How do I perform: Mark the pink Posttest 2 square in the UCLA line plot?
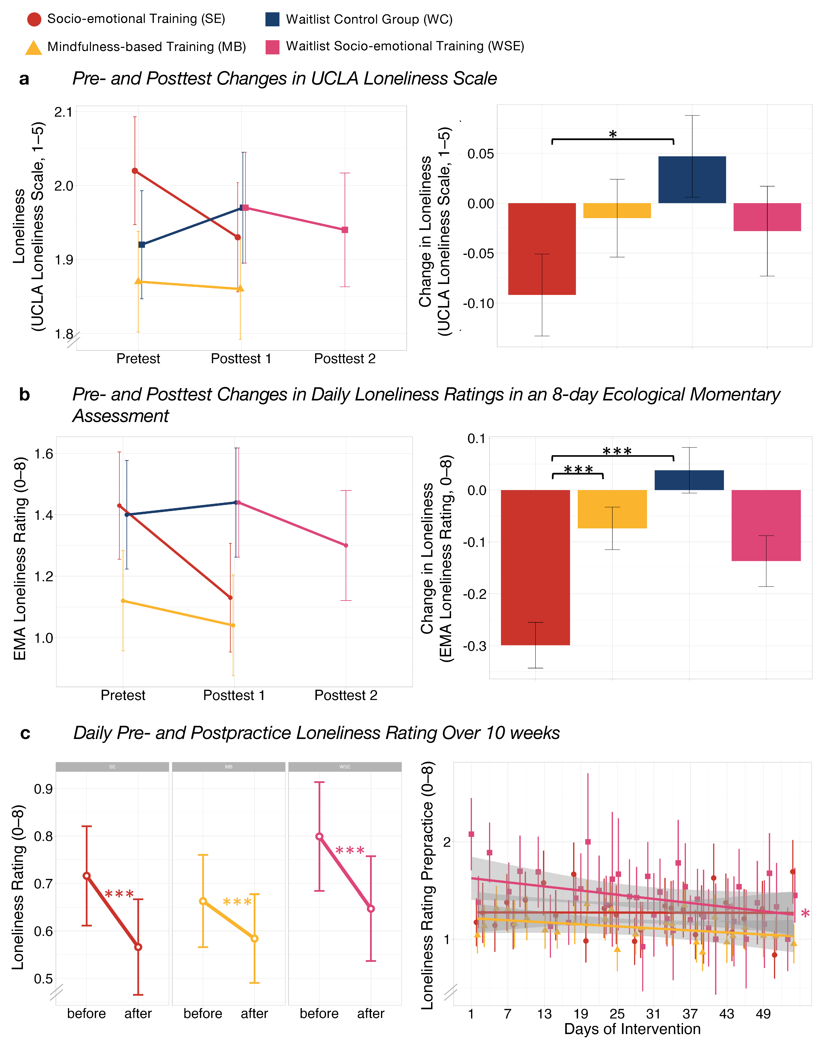pyautogui.click(x=345, y=230)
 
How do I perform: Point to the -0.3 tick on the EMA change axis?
pyautogui.click(x=475, y=646)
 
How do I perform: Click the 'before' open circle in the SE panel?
pyautogui.click(x=87, y=876)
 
